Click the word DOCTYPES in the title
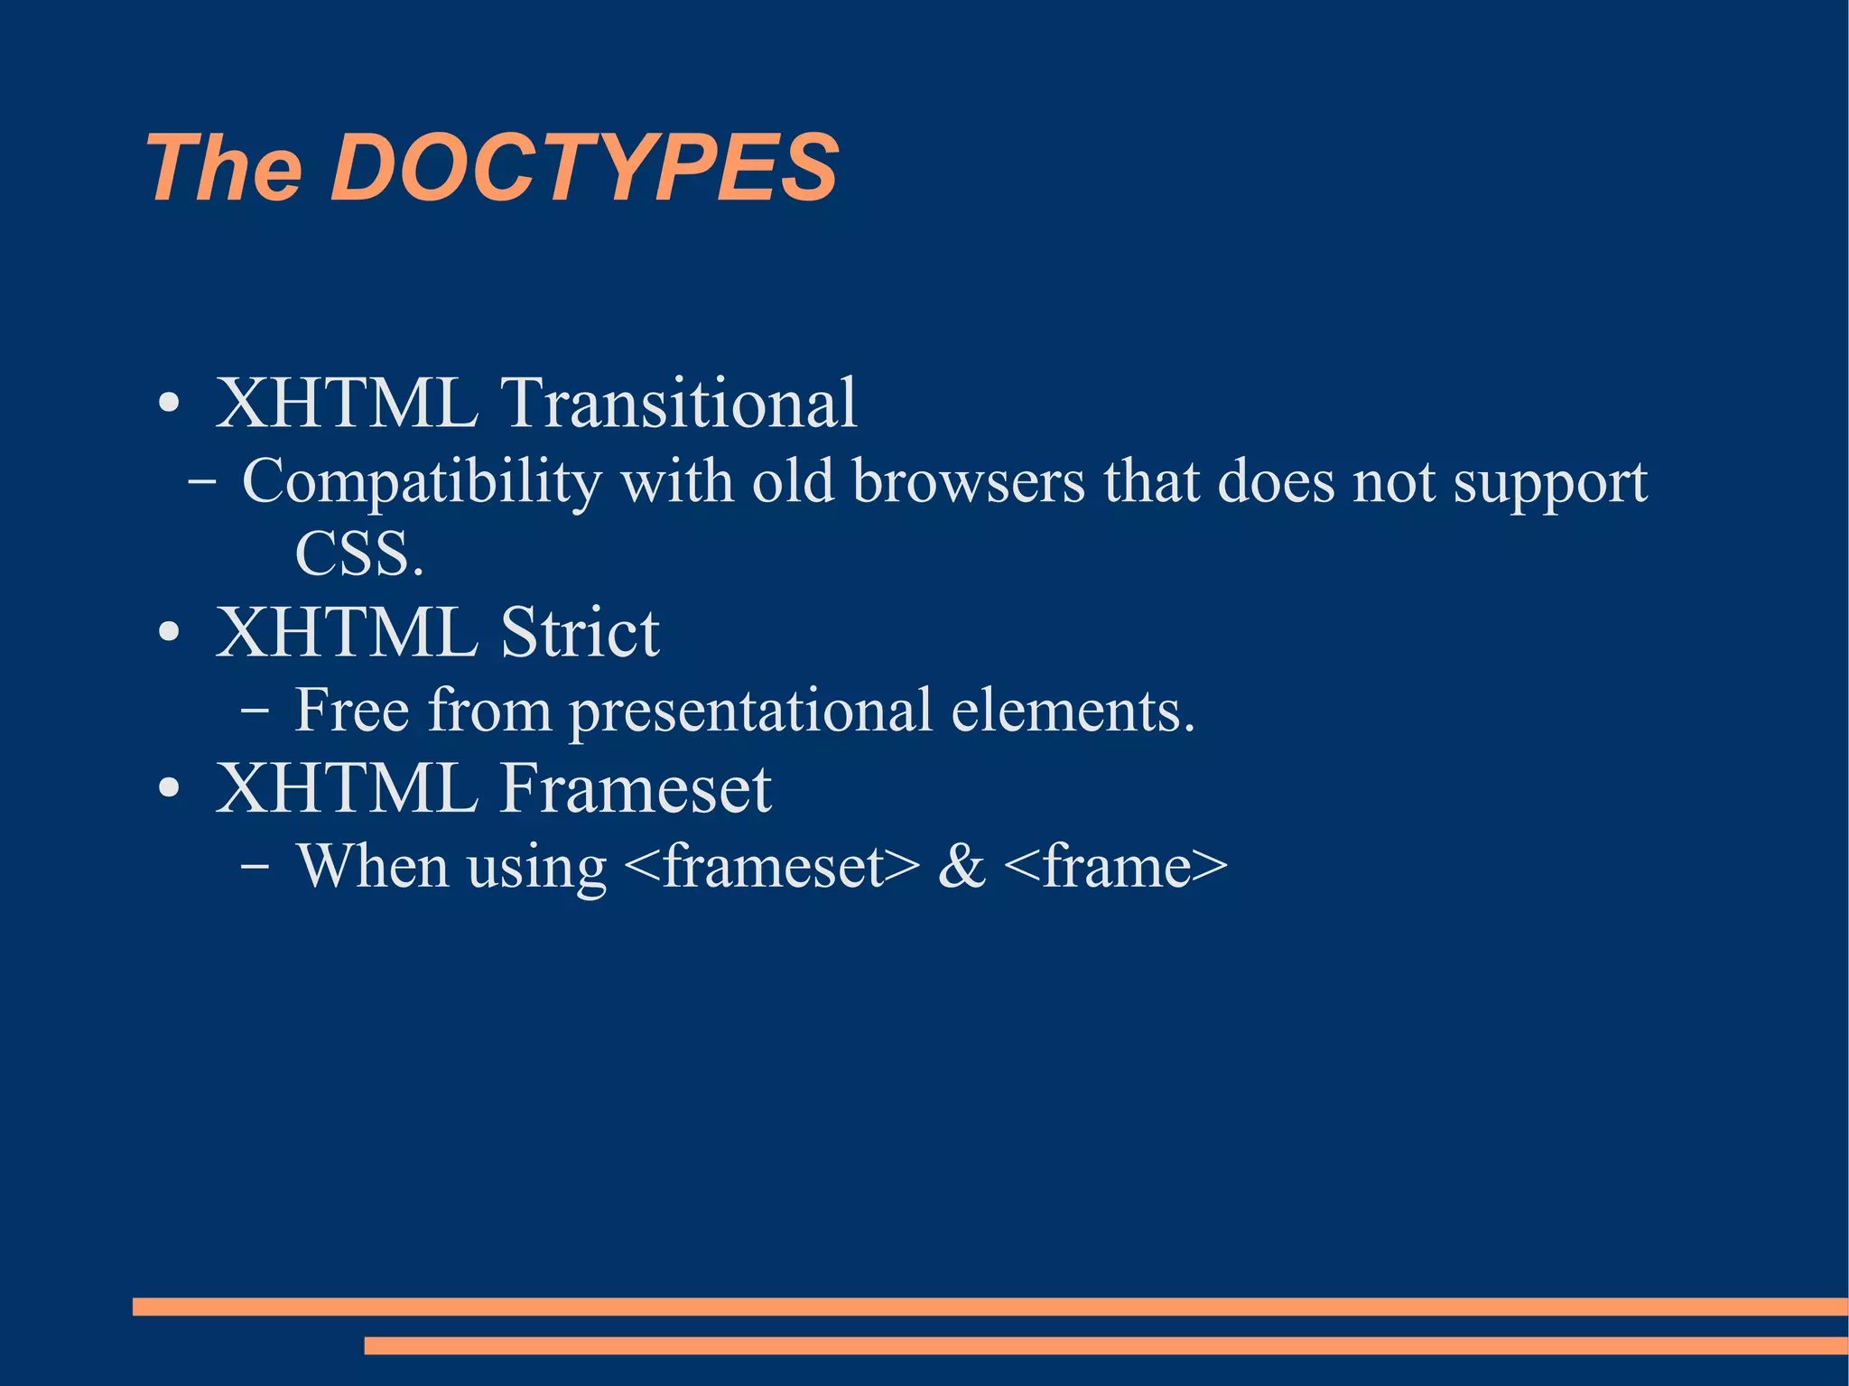pos(585,168)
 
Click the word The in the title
pos(224,168)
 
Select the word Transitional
pos(678,403)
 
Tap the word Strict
pos(580,632)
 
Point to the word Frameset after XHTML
pos(636,788)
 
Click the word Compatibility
pos(422,482)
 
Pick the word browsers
pos(968,482)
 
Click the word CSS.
pos(358,553)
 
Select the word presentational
pos(750,712)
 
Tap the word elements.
pos(1073,710)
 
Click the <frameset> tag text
pos(772,867)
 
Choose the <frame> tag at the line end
pos(1115,867)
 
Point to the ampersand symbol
pos(962,867)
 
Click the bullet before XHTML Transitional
pos(169,404)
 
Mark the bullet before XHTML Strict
pos(169,633)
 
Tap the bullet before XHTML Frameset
pos(169,789)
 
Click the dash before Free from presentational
pos(255,711)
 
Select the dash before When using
pos(255,867)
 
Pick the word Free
pos(352,710)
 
